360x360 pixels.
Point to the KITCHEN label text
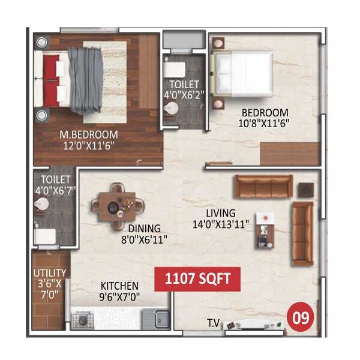[119, 286]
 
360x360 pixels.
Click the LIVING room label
[218, 213]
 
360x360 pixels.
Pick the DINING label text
[144, 228]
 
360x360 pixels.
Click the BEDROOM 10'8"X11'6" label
[265, 112]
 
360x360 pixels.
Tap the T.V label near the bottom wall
[214, 325]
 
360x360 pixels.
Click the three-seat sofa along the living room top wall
[263, 187]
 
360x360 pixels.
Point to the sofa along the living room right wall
[302, 233]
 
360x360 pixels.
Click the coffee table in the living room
[264, 230]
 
